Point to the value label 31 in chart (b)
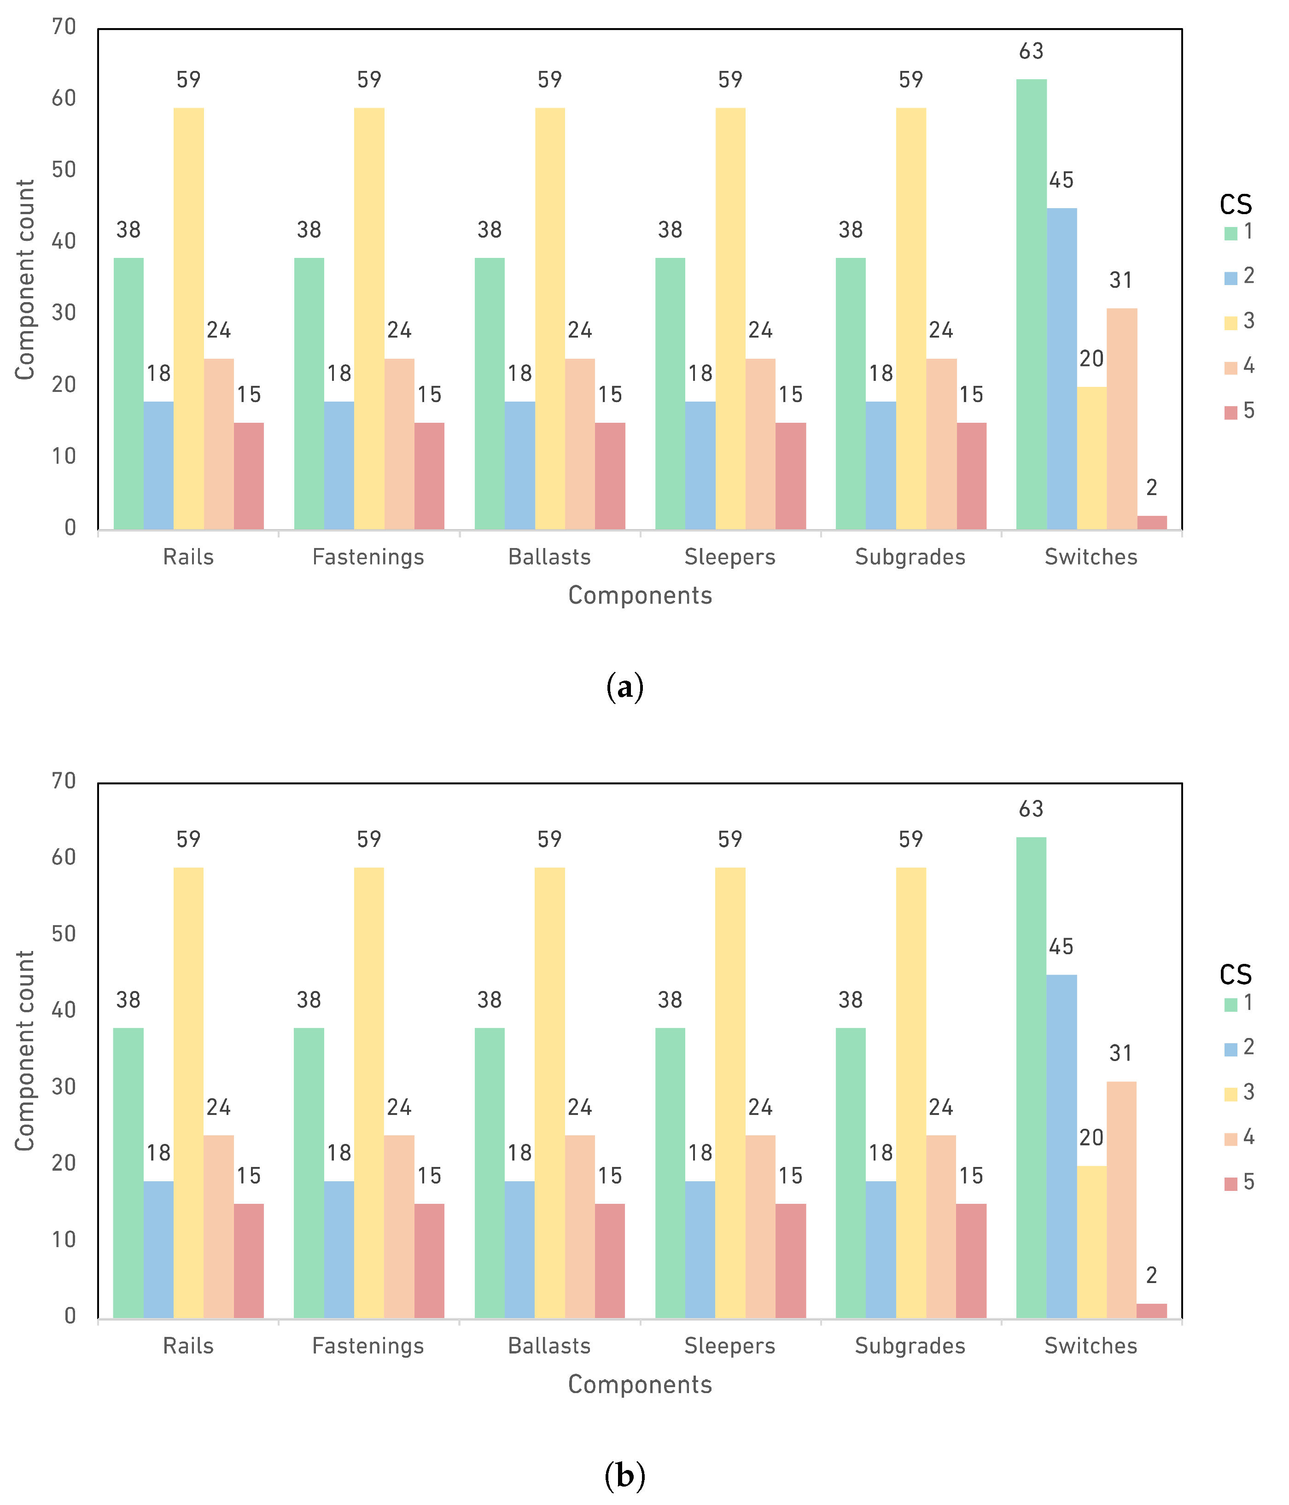pos(1120,1053)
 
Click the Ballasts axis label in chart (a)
pos(549,557)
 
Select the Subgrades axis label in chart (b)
pos(910,1346)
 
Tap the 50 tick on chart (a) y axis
pos(64,170)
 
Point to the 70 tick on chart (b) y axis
pos(64,781)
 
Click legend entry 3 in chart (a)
pos(1239,321)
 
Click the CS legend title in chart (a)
pos(1235,205)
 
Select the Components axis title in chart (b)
pos(640,1384)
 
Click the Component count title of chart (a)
pos(25,280)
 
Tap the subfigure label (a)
pos(624,686)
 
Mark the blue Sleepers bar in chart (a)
pos(700,465)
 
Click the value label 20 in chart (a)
pos(1091,359)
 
